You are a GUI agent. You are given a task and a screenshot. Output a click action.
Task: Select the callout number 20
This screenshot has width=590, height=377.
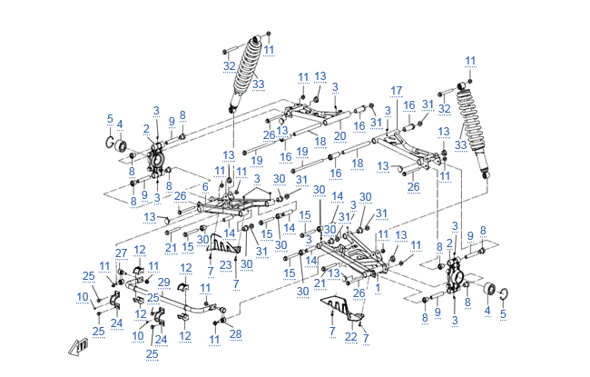click(x=339, y=135)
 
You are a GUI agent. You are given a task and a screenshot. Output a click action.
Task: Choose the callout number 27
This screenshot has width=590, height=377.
click(x=121, y=253)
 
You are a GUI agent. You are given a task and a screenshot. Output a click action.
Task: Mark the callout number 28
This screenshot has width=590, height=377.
click(x=237, y=334)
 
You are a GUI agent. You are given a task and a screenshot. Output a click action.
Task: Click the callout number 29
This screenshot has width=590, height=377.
click(x=163, y=283)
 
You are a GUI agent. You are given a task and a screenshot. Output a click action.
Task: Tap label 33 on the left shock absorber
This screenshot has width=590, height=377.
click(x=258, y=84)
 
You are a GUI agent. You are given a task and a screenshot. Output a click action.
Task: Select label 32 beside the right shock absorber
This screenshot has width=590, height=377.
click(x=445, y=108)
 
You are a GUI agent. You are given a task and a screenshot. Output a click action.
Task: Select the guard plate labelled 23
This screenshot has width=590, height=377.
click(x=224, y=241)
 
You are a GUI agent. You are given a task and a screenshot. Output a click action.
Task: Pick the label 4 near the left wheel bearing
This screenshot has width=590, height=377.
click(x=119, y=124)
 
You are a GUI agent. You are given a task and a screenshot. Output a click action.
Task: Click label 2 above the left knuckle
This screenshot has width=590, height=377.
click(x=146, y=128)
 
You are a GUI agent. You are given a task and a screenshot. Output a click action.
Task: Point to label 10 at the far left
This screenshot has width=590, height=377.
click(x=83, y=297)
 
